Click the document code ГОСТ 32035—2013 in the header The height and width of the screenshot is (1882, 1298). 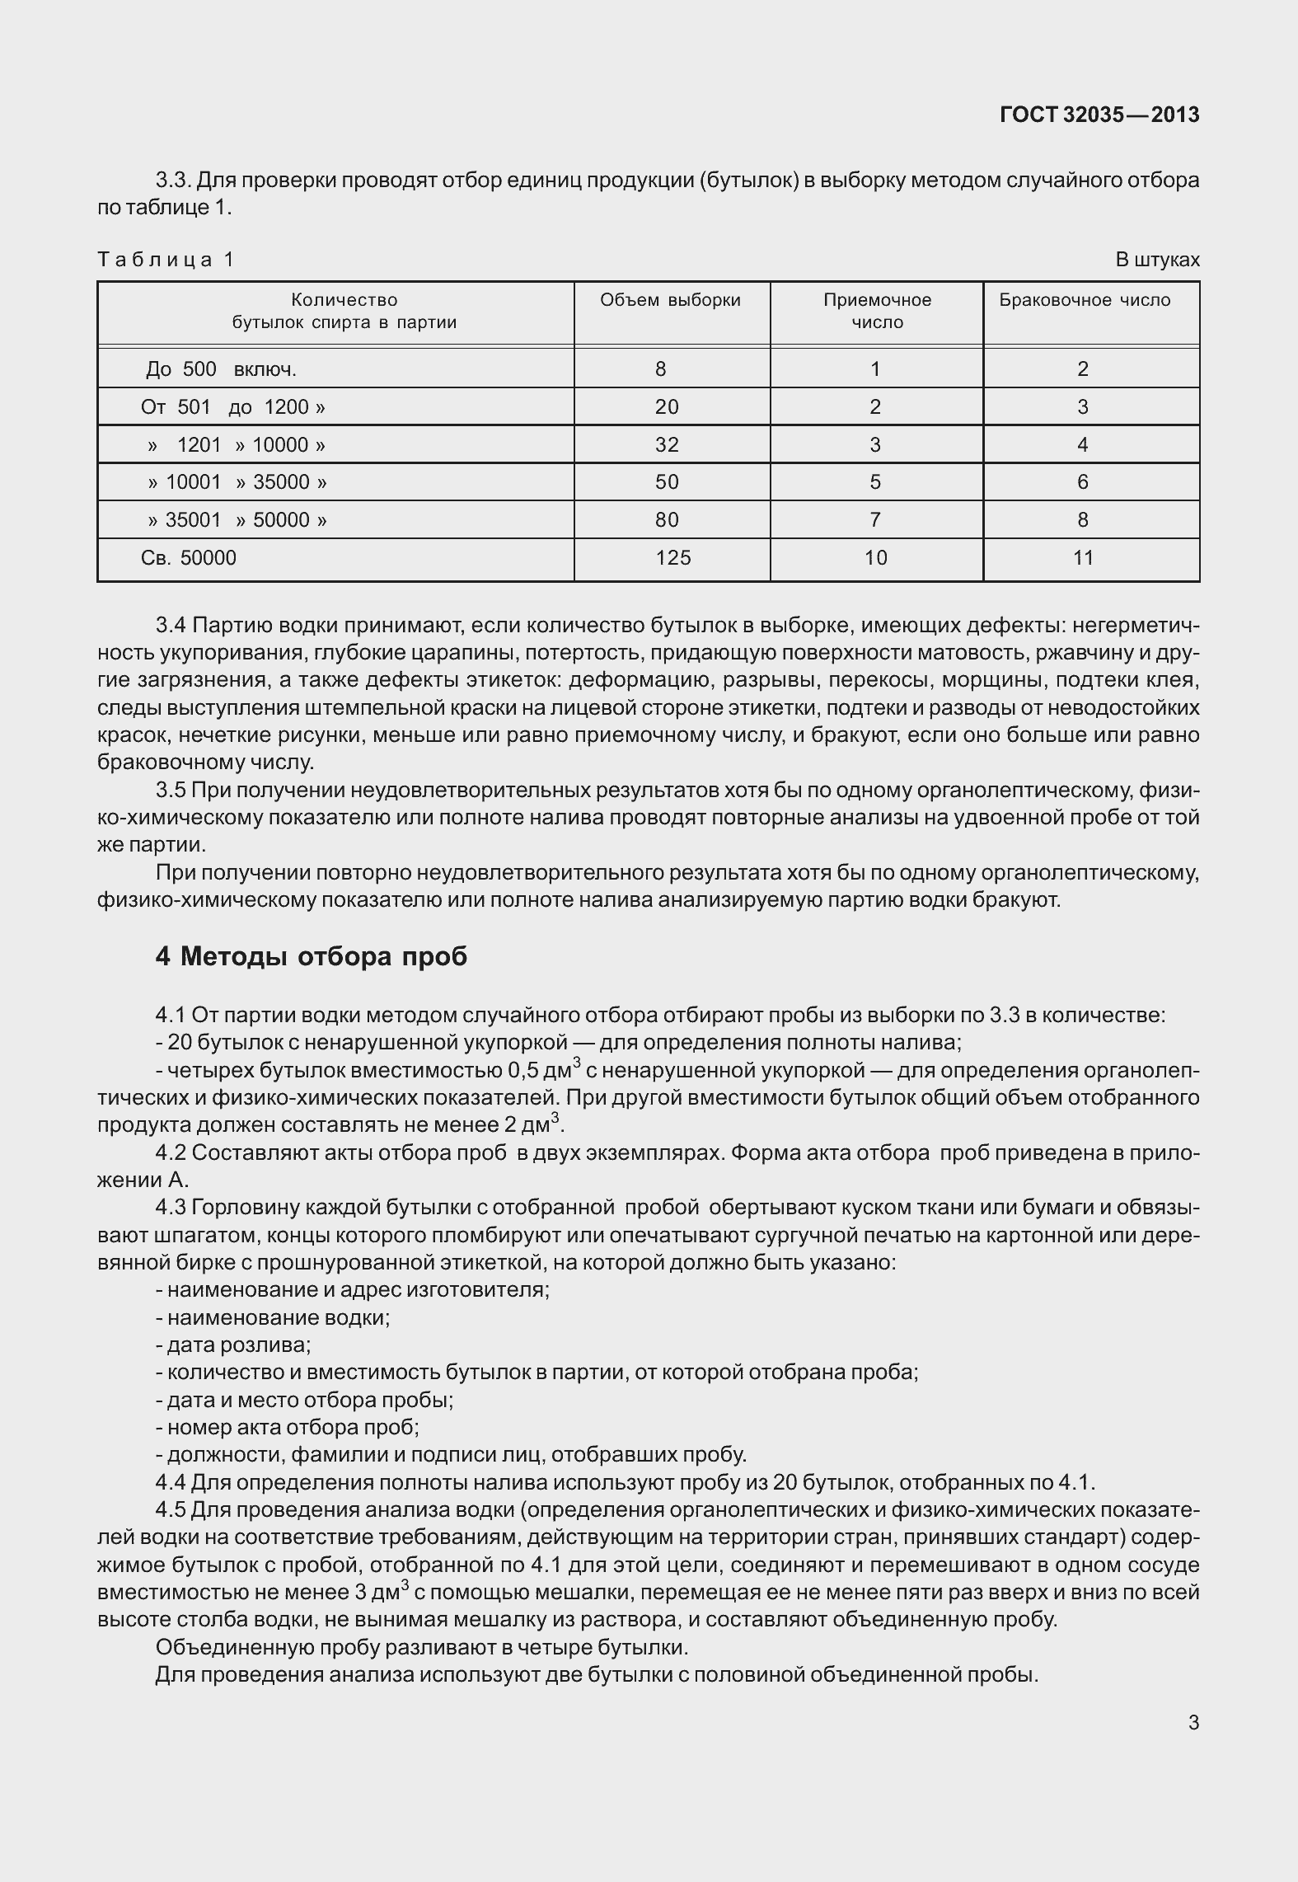(x=1099, y=115)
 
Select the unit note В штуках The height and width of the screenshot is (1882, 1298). (x=1157, y=260)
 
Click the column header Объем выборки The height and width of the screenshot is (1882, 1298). (x=670, y=300)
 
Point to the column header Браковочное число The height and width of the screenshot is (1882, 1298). (x=1085, y=300)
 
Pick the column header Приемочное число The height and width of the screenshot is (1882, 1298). (x=877, y=311)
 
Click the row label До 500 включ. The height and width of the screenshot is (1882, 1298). (x=221, y=368)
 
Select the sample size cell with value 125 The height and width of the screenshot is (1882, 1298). (x=672, y=558)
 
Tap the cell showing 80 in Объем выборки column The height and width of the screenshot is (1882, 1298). (x=666, y=520)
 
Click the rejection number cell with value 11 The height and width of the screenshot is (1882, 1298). (x=1083, y=558)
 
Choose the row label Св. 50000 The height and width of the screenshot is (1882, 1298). (x=189, y=558)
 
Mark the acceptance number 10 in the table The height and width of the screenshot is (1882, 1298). (x=875, y=558)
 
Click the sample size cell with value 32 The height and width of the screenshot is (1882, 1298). (x=666, y=445)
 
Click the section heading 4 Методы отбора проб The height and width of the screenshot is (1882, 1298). (x=312, y=956)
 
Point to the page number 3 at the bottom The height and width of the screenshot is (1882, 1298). (x=1193, y=1722)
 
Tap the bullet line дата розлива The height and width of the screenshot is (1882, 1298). (x=233, y=1345)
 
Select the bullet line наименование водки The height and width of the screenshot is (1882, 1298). (x=273, y=1317)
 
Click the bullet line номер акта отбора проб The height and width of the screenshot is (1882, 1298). (x=288, y=1427)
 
